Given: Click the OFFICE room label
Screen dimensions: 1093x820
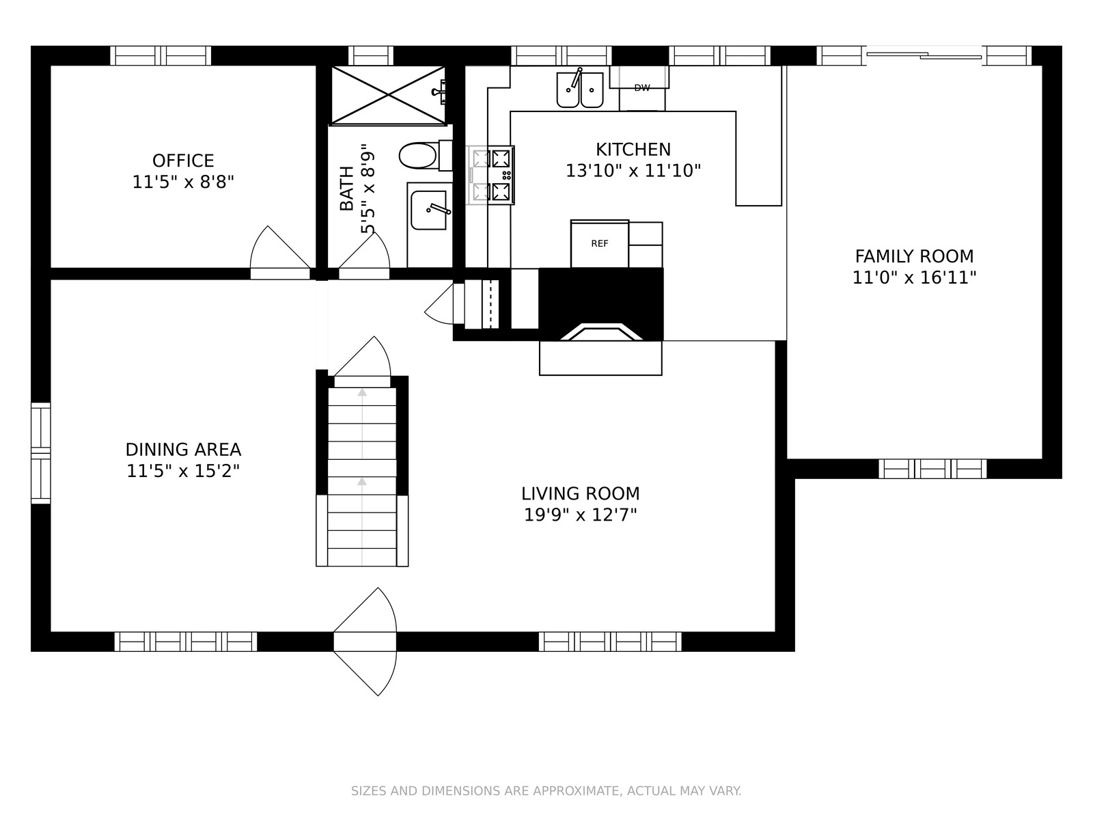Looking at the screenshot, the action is point(183,161).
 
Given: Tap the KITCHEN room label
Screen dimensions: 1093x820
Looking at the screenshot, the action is point(633,150).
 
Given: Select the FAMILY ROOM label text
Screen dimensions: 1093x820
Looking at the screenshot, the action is point(914,256).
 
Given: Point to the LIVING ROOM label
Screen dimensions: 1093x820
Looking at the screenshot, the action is point(580,494).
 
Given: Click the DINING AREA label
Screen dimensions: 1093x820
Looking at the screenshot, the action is point(183,450).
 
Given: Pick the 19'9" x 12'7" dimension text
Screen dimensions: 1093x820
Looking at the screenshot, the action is point(580,515).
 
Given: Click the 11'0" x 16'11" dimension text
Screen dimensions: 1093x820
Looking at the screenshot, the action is point(914,277).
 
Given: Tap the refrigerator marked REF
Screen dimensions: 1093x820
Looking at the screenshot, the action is point(600,244).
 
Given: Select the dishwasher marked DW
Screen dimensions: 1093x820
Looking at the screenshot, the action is point(642,88).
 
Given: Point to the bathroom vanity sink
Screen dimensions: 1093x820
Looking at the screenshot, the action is point(429,210).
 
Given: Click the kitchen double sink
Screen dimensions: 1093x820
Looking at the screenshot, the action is point(579,90).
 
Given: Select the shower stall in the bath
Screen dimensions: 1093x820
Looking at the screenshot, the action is point(389,94).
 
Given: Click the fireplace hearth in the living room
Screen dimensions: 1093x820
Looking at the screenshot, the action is point(600,358).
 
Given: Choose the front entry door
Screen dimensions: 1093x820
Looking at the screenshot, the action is point(365,641).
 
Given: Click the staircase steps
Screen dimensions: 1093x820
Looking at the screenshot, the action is point(362,477).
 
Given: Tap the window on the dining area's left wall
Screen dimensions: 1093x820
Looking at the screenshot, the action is point(41,453).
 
